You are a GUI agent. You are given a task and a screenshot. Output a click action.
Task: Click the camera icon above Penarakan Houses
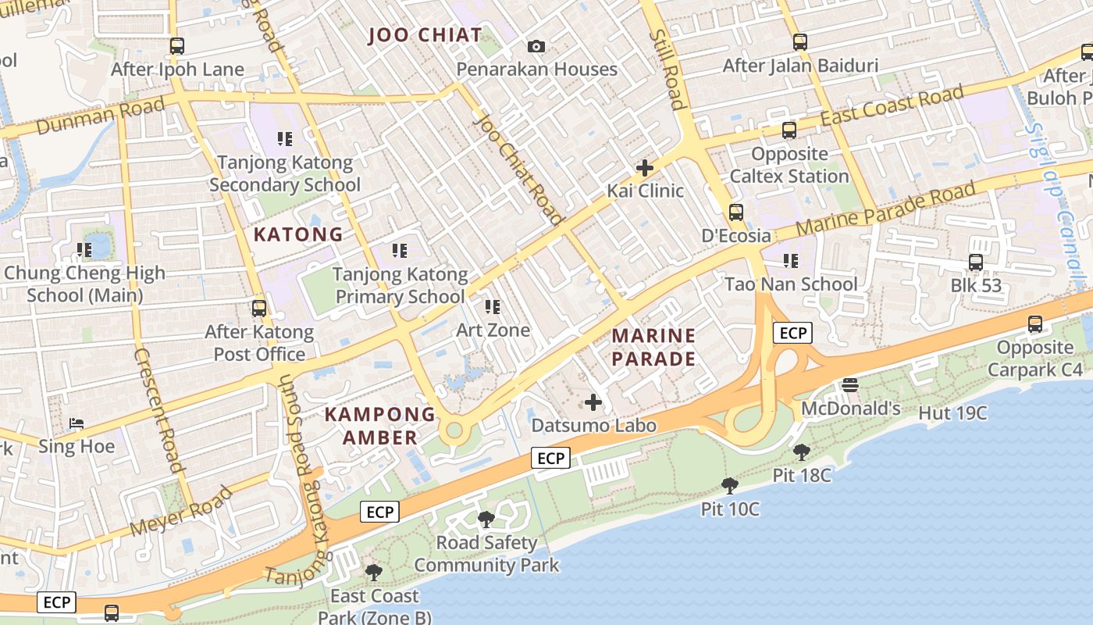[x=536, y=47]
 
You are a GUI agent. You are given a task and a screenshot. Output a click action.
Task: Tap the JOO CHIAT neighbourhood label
[x=425, y=35]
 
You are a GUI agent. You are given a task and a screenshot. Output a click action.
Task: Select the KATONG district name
[x=298, y=234]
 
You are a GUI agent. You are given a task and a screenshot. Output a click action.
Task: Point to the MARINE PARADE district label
[x=653, y=347]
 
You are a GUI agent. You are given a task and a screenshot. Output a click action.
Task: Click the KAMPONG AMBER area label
[x=380, y=426]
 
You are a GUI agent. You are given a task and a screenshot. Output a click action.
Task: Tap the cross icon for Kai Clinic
[x=645, y=168]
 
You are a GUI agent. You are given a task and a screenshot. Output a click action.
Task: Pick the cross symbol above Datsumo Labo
[x=593, y=403]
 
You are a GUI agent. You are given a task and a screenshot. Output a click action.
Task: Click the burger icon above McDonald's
[x=850, y=384]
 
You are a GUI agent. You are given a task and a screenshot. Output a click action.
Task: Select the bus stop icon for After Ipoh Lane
[x=177, y=46]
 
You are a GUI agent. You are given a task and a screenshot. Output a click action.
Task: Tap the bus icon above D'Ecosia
[x=735, y=212]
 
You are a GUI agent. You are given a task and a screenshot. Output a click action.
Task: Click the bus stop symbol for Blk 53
[x=976, y=262]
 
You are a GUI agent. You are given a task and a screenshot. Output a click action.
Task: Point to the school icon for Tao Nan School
[x=790, y=260]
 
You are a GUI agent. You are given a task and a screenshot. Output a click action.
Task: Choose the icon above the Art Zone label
[x=492, y=307]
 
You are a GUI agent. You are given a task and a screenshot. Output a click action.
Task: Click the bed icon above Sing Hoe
[x=77, y=423]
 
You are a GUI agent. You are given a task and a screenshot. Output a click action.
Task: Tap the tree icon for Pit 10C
[x=730, y=486]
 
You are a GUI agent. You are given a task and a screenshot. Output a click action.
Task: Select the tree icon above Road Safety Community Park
[x=486, y=520]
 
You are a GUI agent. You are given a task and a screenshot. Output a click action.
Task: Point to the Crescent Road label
[x=158, y=410]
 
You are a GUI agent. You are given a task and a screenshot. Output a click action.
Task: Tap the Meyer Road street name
[x=181, y=511]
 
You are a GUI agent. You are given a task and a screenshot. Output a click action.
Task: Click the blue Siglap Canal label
[x=1057, y=203]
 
